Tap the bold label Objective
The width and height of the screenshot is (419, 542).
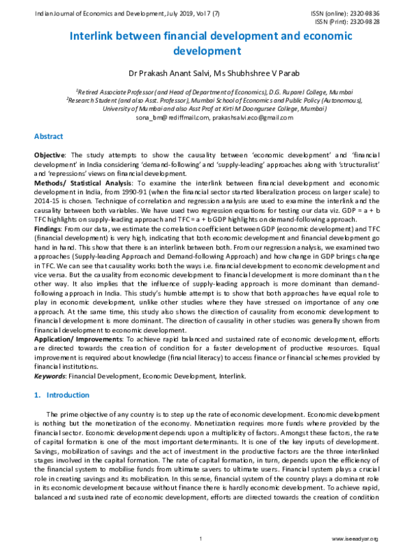pyautogui.click(x=50, y=153)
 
